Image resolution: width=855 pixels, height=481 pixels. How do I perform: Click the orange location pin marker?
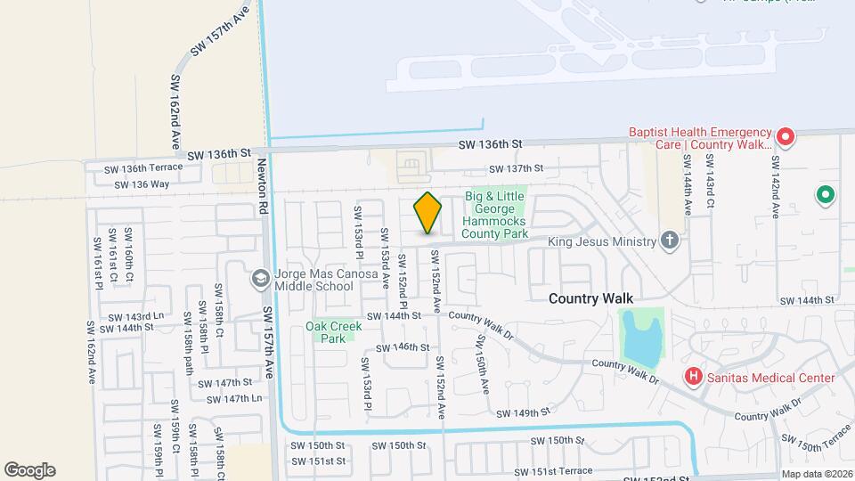[427, 214]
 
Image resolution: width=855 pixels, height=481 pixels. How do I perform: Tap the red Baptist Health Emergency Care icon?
[785, 137]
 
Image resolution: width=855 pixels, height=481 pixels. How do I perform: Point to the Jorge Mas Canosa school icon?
[260, 279]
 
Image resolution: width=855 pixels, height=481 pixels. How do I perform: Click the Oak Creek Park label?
[334, 332]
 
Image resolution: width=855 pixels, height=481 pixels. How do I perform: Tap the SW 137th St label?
[516, 169]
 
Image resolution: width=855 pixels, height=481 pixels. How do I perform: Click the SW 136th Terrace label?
[142, 167]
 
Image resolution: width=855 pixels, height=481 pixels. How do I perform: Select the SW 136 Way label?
[142, 184]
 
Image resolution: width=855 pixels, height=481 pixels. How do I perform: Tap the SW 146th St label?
[403, 347]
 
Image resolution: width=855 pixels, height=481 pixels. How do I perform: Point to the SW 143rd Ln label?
[134, 316]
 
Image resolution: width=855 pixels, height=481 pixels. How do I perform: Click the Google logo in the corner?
[29, 469]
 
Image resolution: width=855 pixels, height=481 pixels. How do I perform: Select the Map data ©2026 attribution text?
[817, 474]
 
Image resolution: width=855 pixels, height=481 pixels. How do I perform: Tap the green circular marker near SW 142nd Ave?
[825, 194]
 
